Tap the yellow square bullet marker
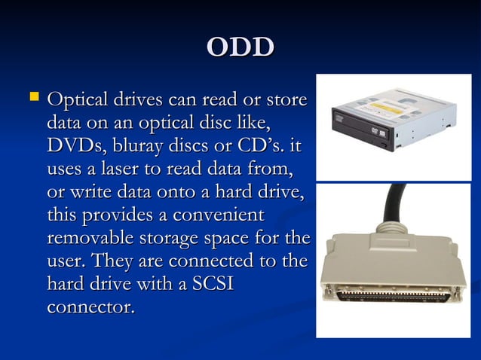[32, 97]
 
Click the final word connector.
[90, 307]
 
